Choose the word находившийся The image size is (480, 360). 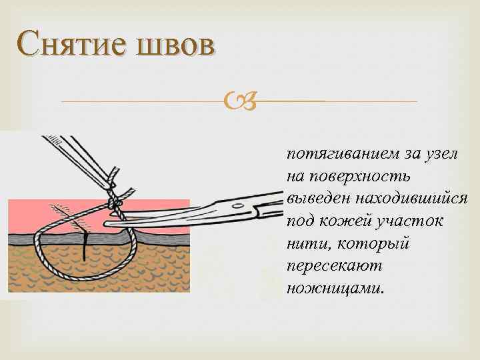tap(412, 199)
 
